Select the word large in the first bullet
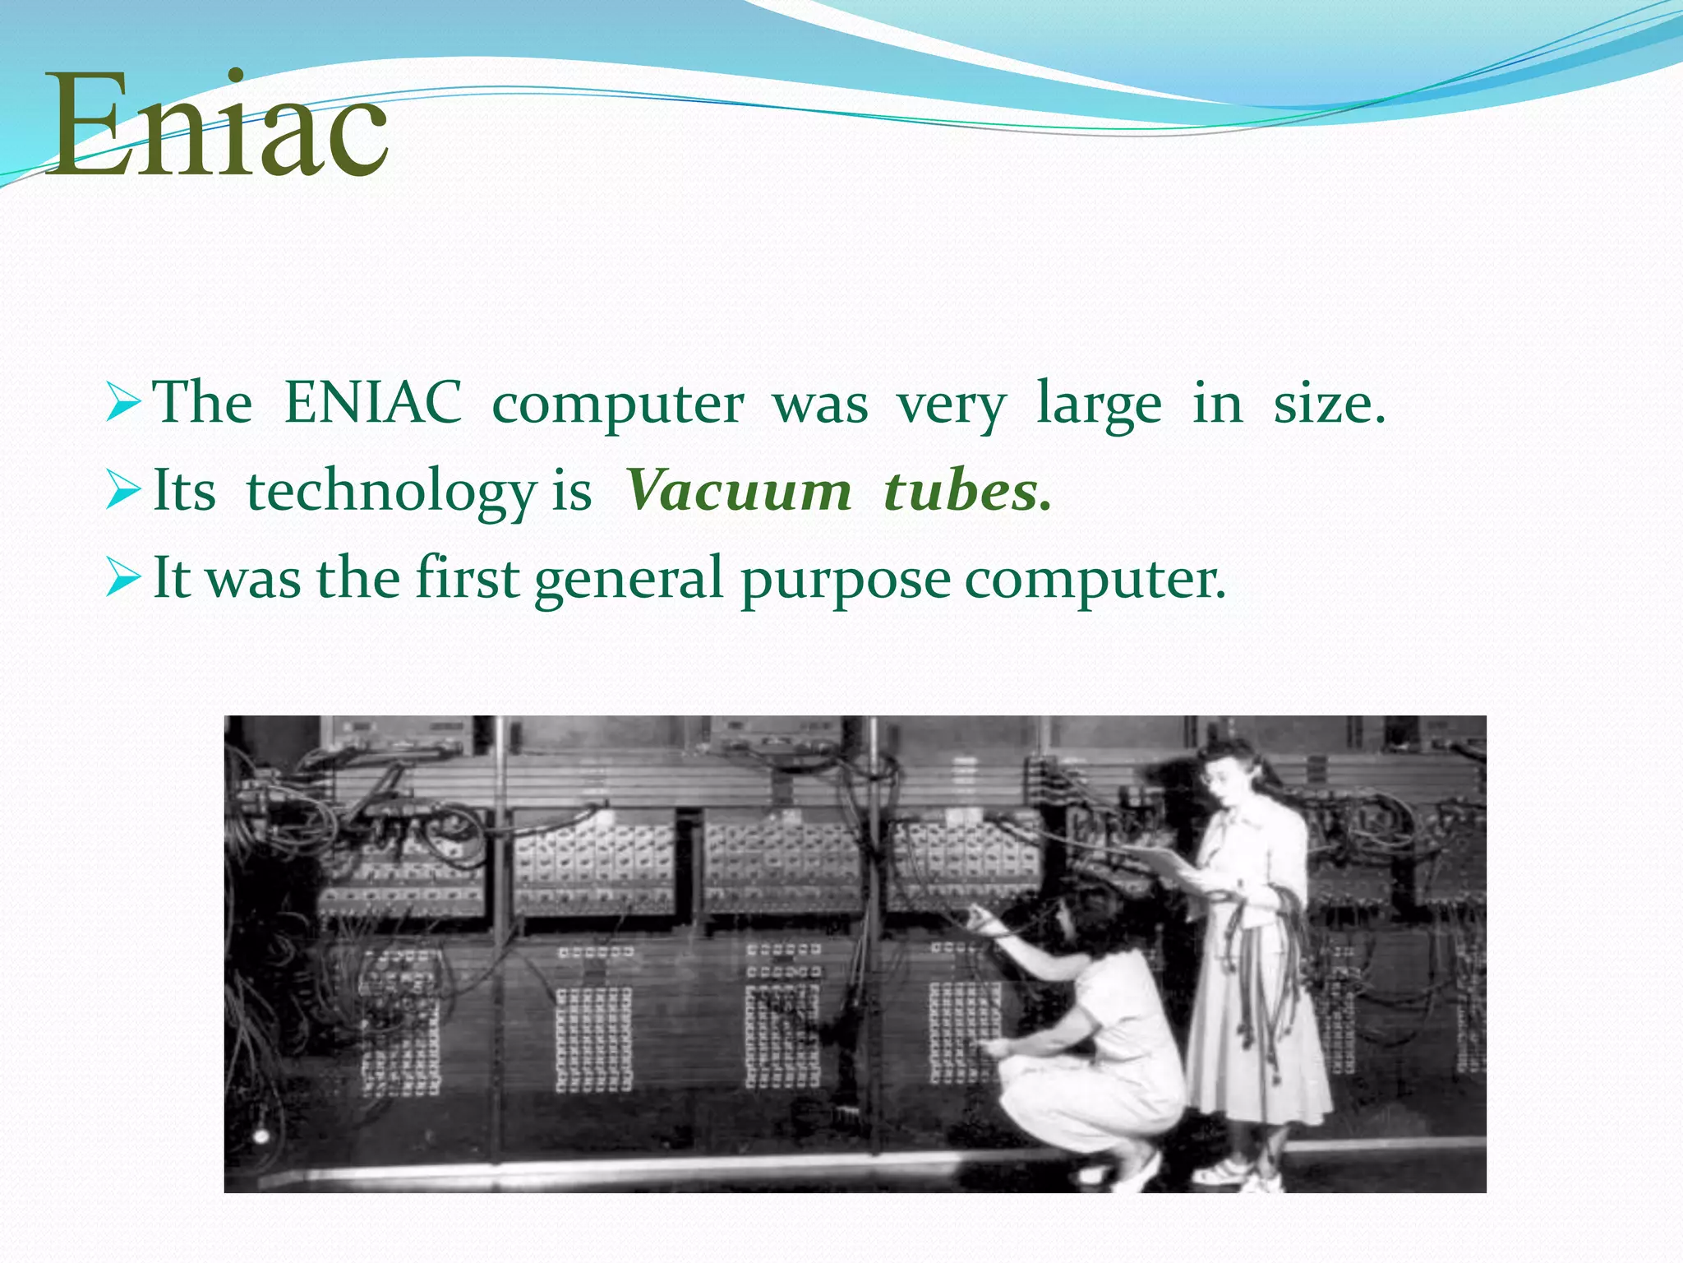1099,405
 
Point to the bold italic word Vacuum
738,491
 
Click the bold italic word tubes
966,491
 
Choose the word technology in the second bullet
391,492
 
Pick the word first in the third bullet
467,577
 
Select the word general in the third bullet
628,579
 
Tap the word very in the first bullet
952,405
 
